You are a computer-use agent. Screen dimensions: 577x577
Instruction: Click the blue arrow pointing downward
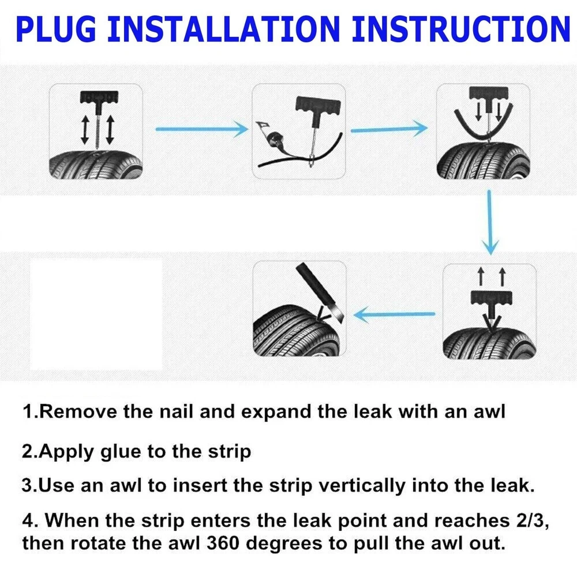click(x=490, y=223)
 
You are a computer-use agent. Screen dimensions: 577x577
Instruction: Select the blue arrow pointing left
click(x=394, y=314)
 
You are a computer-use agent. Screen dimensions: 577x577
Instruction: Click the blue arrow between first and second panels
click(x=202, y=129)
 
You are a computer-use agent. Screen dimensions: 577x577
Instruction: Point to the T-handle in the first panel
click(x=99, y=110)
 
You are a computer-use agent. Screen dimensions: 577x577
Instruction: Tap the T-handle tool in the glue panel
click(x=314, y=121)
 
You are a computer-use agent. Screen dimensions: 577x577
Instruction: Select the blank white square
click(x=96, y=314)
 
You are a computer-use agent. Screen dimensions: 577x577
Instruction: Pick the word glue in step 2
click(x=121, y=452)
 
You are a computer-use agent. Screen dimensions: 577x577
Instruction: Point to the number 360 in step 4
click(x=223, y=543)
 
